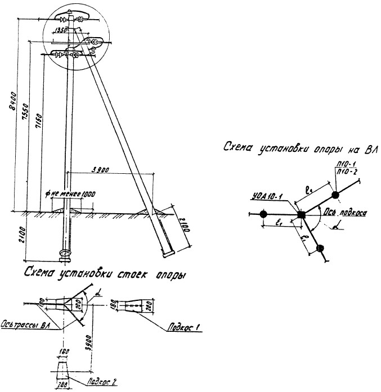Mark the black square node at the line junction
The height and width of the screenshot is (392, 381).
point(301,214)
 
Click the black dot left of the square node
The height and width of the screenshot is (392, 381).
point(263,214)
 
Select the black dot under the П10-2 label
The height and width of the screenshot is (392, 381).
point(335,195)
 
